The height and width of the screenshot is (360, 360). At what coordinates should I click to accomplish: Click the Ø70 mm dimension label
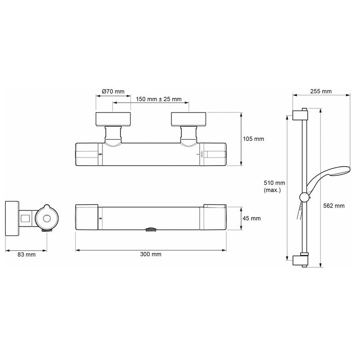pos(113,91)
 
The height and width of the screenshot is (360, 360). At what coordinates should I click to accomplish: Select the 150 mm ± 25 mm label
pos(159,99)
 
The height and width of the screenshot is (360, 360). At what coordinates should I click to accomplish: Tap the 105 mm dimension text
pos(253,139)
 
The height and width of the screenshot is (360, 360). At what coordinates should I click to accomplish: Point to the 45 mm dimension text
pos(252,218)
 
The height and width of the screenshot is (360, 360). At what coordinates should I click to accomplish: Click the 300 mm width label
pos(150,254)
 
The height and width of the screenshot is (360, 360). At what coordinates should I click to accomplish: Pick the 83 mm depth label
pos(26,254)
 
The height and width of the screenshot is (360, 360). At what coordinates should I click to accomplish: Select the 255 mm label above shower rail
pos(321,91)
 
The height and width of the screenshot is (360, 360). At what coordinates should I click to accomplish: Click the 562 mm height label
pos(333,206)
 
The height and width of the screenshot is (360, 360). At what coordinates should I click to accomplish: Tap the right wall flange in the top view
pos(189,119)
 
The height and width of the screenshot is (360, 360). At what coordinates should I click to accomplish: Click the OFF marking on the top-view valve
pos(100,154)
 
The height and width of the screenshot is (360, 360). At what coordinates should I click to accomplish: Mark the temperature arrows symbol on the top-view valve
pos(202,154)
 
